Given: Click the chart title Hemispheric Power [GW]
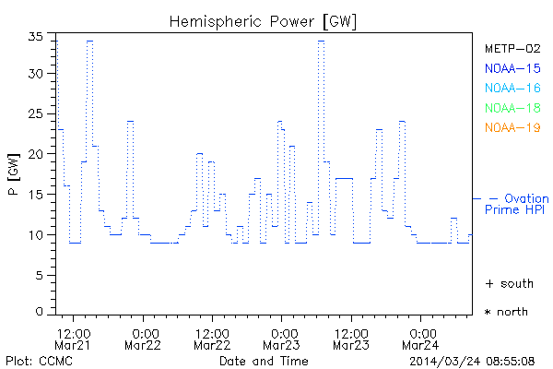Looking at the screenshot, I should click(264, 19).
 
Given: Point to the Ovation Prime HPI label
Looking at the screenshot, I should click(516, 204).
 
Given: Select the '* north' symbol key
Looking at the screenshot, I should click(507, 312).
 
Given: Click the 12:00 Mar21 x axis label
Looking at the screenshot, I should click(74, 338).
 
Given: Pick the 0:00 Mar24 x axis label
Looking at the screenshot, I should click(422, 338).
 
